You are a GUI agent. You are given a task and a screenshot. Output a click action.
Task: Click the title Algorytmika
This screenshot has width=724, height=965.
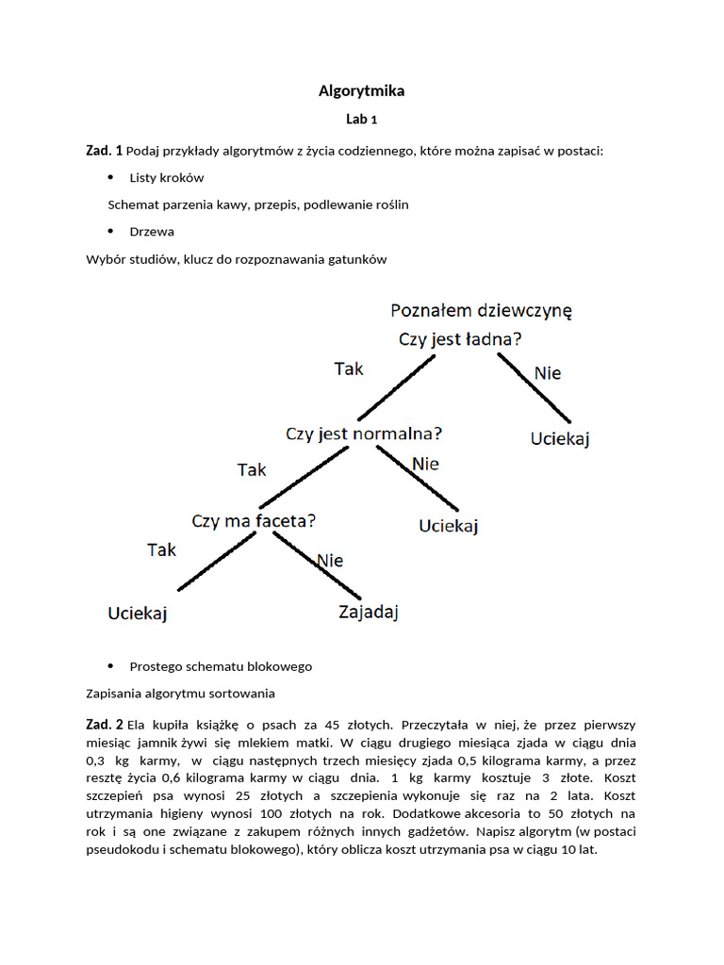point(361,91)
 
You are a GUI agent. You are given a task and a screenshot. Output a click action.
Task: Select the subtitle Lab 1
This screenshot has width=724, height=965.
point(361,120)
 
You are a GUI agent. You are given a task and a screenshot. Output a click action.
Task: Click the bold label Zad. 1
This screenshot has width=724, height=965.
point(104,151)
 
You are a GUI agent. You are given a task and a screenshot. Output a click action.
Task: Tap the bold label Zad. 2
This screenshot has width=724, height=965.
point(104,725)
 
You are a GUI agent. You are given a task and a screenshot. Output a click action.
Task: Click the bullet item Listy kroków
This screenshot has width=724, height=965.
point(167,177)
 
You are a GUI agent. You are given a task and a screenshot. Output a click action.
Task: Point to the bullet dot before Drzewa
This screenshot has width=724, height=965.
point(110,231)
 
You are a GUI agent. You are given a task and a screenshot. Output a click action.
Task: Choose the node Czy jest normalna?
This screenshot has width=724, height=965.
point(364,434)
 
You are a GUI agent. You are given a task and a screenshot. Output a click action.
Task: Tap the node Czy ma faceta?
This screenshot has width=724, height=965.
point(254,520)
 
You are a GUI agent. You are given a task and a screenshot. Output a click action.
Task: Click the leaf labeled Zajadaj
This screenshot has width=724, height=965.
point(369,613)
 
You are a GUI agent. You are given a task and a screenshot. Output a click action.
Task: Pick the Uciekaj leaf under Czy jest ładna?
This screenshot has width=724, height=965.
point(560,439)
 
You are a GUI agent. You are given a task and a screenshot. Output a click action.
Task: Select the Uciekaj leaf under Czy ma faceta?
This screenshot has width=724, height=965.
point(138,613)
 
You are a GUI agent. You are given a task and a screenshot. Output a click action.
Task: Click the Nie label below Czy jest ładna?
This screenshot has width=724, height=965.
point(548,373)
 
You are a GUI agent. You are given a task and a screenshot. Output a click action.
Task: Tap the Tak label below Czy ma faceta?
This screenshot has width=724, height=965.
point(162,550)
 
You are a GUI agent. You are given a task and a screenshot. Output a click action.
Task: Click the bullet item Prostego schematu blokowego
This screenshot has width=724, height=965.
point(221,666)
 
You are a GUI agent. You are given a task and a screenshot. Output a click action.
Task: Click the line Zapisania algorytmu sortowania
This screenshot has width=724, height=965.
point(180,694)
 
